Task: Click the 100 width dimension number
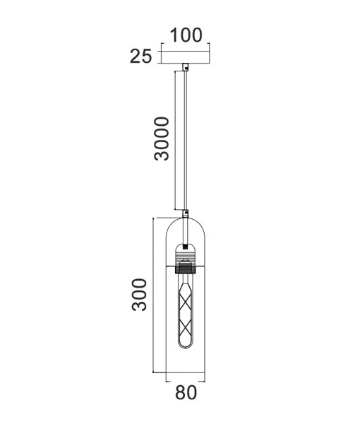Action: click(186, 35)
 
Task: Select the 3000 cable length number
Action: click(162, 139)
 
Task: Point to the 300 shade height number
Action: click(140, 294)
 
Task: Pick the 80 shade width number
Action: click(186, 393)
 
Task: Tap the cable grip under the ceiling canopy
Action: click(186, 68)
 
